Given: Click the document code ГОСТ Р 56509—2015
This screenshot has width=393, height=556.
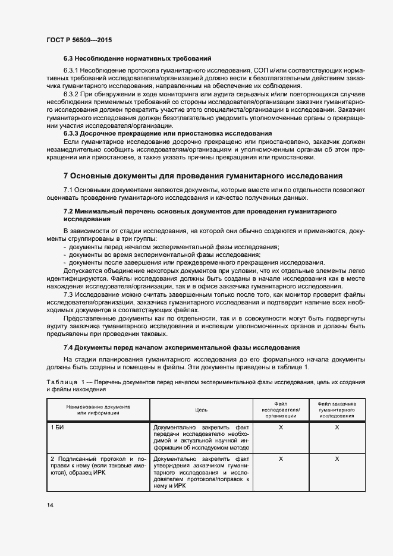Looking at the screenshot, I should tap(79, 40).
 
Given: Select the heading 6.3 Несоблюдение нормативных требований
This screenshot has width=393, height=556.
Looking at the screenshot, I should tap(137, 58).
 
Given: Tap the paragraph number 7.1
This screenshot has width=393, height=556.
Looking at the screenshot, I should tap(68, 189).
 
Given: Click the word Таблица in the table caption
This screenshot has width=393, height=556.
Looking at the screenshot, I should tap(60, 381).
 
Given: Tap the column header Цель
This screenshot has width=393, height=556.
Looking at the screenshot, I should tap(201, 410).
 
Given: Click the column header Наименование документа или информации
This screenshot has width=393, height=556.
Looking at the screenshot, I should tap(99, 409).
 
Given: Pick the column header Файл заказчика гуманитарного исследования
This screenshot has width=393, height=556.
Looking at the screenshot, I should tap(337, 409).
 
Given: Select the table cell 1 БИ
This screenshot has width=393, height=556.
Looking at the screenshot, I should tap(57, 428).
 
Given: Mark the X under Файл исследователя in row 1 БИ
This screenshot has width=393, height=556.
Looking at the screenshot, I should tap(281, 428).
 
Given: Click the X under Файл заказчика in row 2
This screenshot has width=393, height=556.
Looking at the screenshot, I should tap(337, 458).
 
